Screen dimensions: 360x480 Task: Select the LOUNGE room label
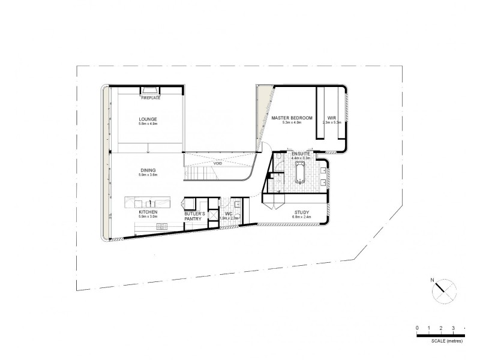tap(148, 119)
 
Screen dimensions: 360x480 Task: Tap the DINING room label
tap(148, 170)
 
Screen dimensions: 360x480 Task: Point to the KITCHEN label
tap(148, 212)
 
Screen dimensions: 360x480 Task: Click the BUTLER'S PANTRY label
tap(195, 217)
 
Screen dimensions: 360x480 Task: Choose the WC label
tap(229, 214)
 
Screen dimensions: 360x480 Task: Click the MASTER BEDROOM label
tap(292, 118)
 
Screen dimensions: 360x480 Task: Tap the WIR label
tap(331, 118)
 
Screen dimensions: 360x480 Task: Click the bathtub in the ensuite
tap(299, 175)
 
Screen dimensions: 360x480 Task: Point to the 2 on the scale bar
tap(441, 328)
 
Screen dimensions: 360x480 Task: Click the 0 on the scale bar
tap(417, 328)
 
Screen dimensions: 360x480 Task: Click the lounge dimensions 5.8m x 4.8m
tap(148, 124)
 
